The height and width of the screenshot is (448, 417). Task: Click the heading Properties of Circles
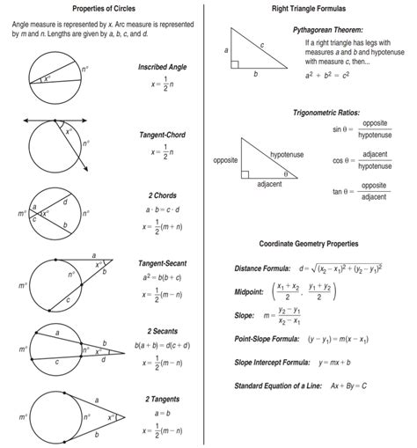(x=104, y=8)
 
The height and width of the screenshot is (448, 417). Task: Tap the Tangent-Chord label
(x=160, y=135)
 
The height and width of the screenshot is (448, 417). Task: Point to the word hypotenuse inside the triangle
(x=286, y=154)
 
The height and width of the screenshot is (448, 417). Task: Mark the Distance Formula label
(x=264, y=268)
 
